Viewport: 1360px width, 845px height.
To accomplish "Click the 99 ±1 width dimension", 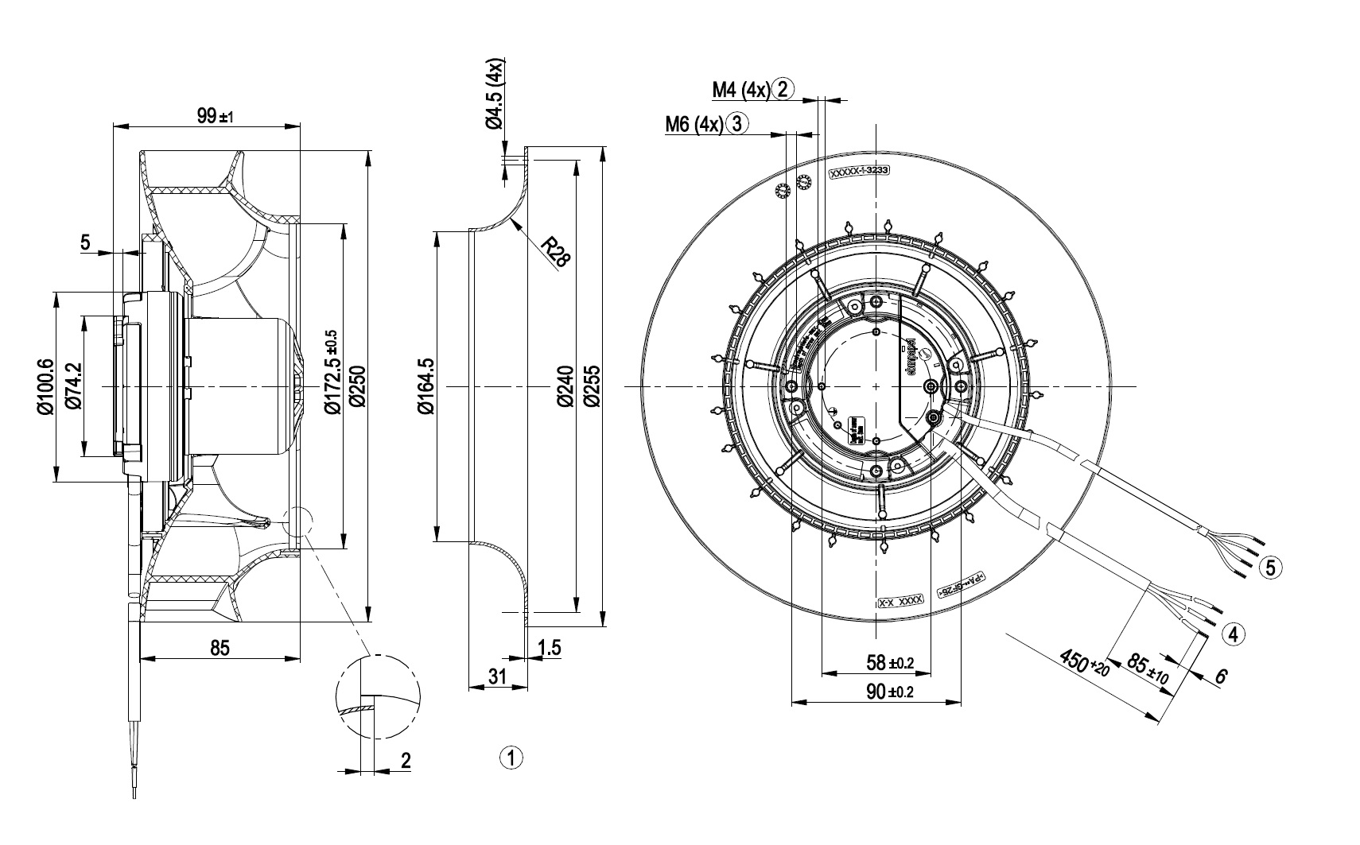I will (213, 117).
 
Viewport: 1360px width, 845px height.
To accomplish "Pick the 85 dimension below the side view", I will (220, 648).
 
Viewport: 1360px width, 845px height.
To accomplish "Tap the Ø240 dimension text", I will (565, 386).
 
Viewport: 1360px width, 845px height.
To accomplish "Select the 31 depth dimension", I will (496, 676).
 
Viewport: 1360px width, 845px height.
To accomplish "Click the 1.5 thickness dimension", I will (549, 648).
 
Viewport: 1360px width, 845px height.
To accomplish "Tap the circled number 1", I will (511, 757).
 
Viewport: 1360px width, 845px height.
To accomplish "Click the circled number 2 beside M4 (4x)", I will (783, 88).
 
